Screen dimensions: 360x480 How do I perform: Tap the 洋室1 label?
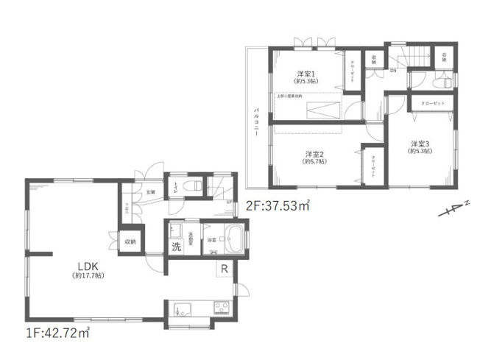point(307,74)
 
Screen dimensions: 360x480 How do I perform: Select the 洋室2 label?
point(314,154)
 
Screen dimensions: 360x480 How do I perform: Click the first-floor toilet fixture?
point(194,186)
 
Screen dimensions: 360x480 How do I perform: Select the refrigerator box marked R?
point(221,269)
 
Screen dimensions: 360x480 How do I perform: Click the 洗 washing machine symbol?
point(177,247)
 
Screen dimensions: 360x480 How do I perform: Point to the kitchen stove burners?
point(221,306)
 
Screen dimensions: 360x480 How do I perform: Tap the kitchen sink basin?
point(183,306)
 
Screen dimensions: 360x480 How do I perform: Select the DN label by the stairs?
point(392,71)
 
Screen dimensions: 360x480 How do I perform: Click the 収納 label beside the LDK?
point(130,241)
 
